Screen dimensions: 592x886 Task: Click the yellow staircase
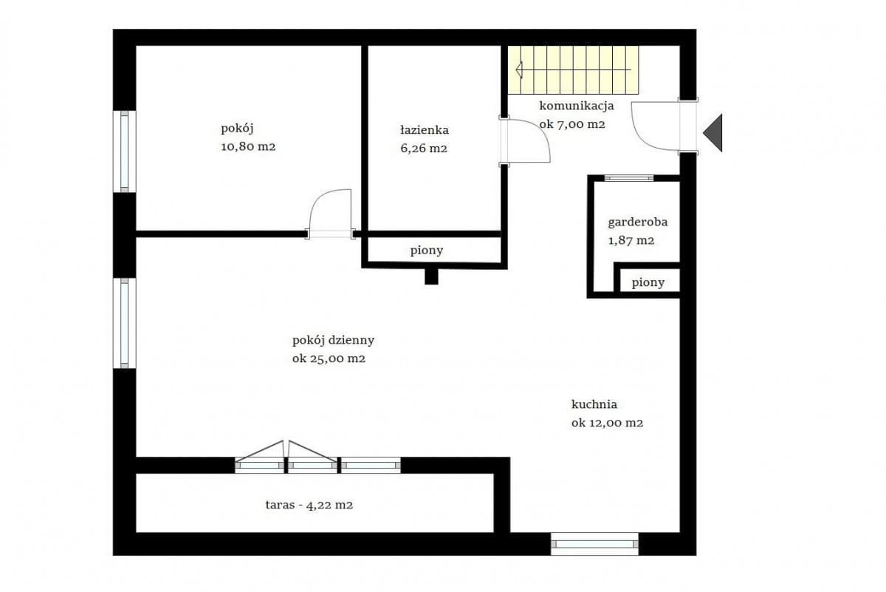[573, 69]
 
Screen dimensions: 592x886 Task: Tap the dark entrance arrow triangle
[713, 133]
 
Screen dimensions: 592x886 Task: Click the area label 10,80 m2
[248, 146]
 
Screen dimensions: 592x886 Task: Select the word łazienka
[424, 130]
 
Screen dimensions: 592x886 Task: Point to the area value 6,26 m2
[424, 148]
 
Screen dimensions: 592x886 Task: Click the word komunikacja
[576, 105]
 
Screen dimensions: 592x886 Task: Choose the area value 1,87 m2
[631, 240]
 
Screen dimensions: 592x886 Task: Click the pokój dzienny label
[333, 340]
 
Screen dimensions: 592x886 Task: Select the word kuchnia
[594, 404]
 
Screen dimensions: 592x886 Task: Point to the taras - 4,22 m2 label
[309, 506]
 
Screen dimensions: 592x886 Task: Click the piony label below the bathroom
[427, 251]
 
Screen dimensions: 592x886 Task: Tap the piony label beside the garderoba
[648, 282]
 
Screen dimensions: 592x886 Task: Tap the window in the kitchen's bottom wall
[594, 543]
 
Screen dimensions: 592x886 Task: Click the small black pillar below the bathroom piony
[431, 276]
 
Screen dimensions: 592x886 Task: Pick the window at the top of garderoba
[628, 178]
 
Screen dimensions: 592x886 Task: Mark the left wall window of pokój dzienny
[124, 323]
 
